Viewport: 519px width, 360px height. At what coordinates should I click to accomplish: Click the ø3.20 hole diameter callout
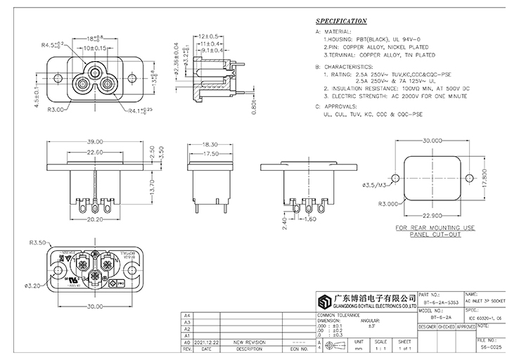click(x=34, y=285)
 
